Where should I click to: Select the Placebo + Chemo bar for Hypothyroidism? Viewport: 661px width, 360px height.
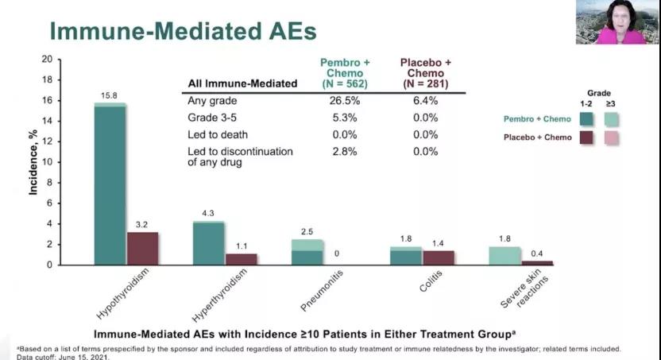click(x=143, y=248)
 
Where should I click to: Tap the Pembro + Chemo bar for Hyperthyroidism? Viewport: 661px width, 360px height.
click(x=209, y=242)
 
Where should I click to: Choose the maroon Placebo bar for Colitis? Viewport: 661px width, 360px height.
click(x=438, y=257)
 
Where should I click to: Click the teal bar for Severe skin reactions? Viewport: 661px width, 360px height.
click(x=504, y=255)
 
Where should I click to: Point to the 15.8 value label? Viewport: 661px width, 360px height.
click(x=109, y=96)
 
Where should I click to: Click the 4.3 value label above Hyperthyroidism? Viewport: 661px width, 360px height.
click(x=207, y=214)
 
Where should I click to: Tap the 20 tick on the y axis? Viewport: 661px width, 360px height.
click(x=47, y=60)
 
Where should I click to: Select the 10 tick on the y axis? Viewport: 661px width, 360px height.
click(x=47, y=161)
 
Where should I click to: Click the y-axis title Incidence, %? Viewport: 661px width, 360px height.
click(x=34, y=163)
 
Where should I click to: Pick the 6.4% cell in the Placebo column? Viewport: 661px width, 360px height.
click(x=425, y=101)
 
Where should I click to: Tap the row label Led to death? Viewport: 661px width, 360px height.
click(x=217, y=134)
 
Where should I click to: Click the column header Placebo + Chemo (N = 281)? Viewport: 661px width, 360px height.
click(x=425, y=73)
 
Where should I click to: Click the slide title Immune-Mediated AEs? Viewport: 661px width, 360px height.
click(x=183, y=31)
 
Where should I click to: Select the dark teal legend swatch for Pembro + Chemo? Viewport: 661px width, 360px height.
click(x=586, y=119)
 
